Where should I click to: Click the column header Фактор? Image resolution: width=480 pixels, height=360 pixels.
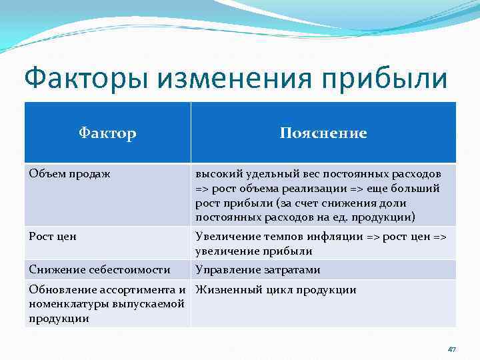[107, 133]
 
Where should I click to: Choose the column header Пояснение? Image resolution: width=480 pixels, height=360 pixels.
[323, 133]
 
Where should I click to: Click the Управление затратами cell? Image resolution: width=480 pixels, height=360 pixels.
[257, 269]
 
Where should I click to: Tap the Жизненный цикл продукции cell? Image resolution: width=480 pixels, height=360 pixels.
[275, 289]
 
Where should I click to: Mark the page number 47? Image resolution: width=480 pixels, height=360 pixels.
[451, 349]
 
